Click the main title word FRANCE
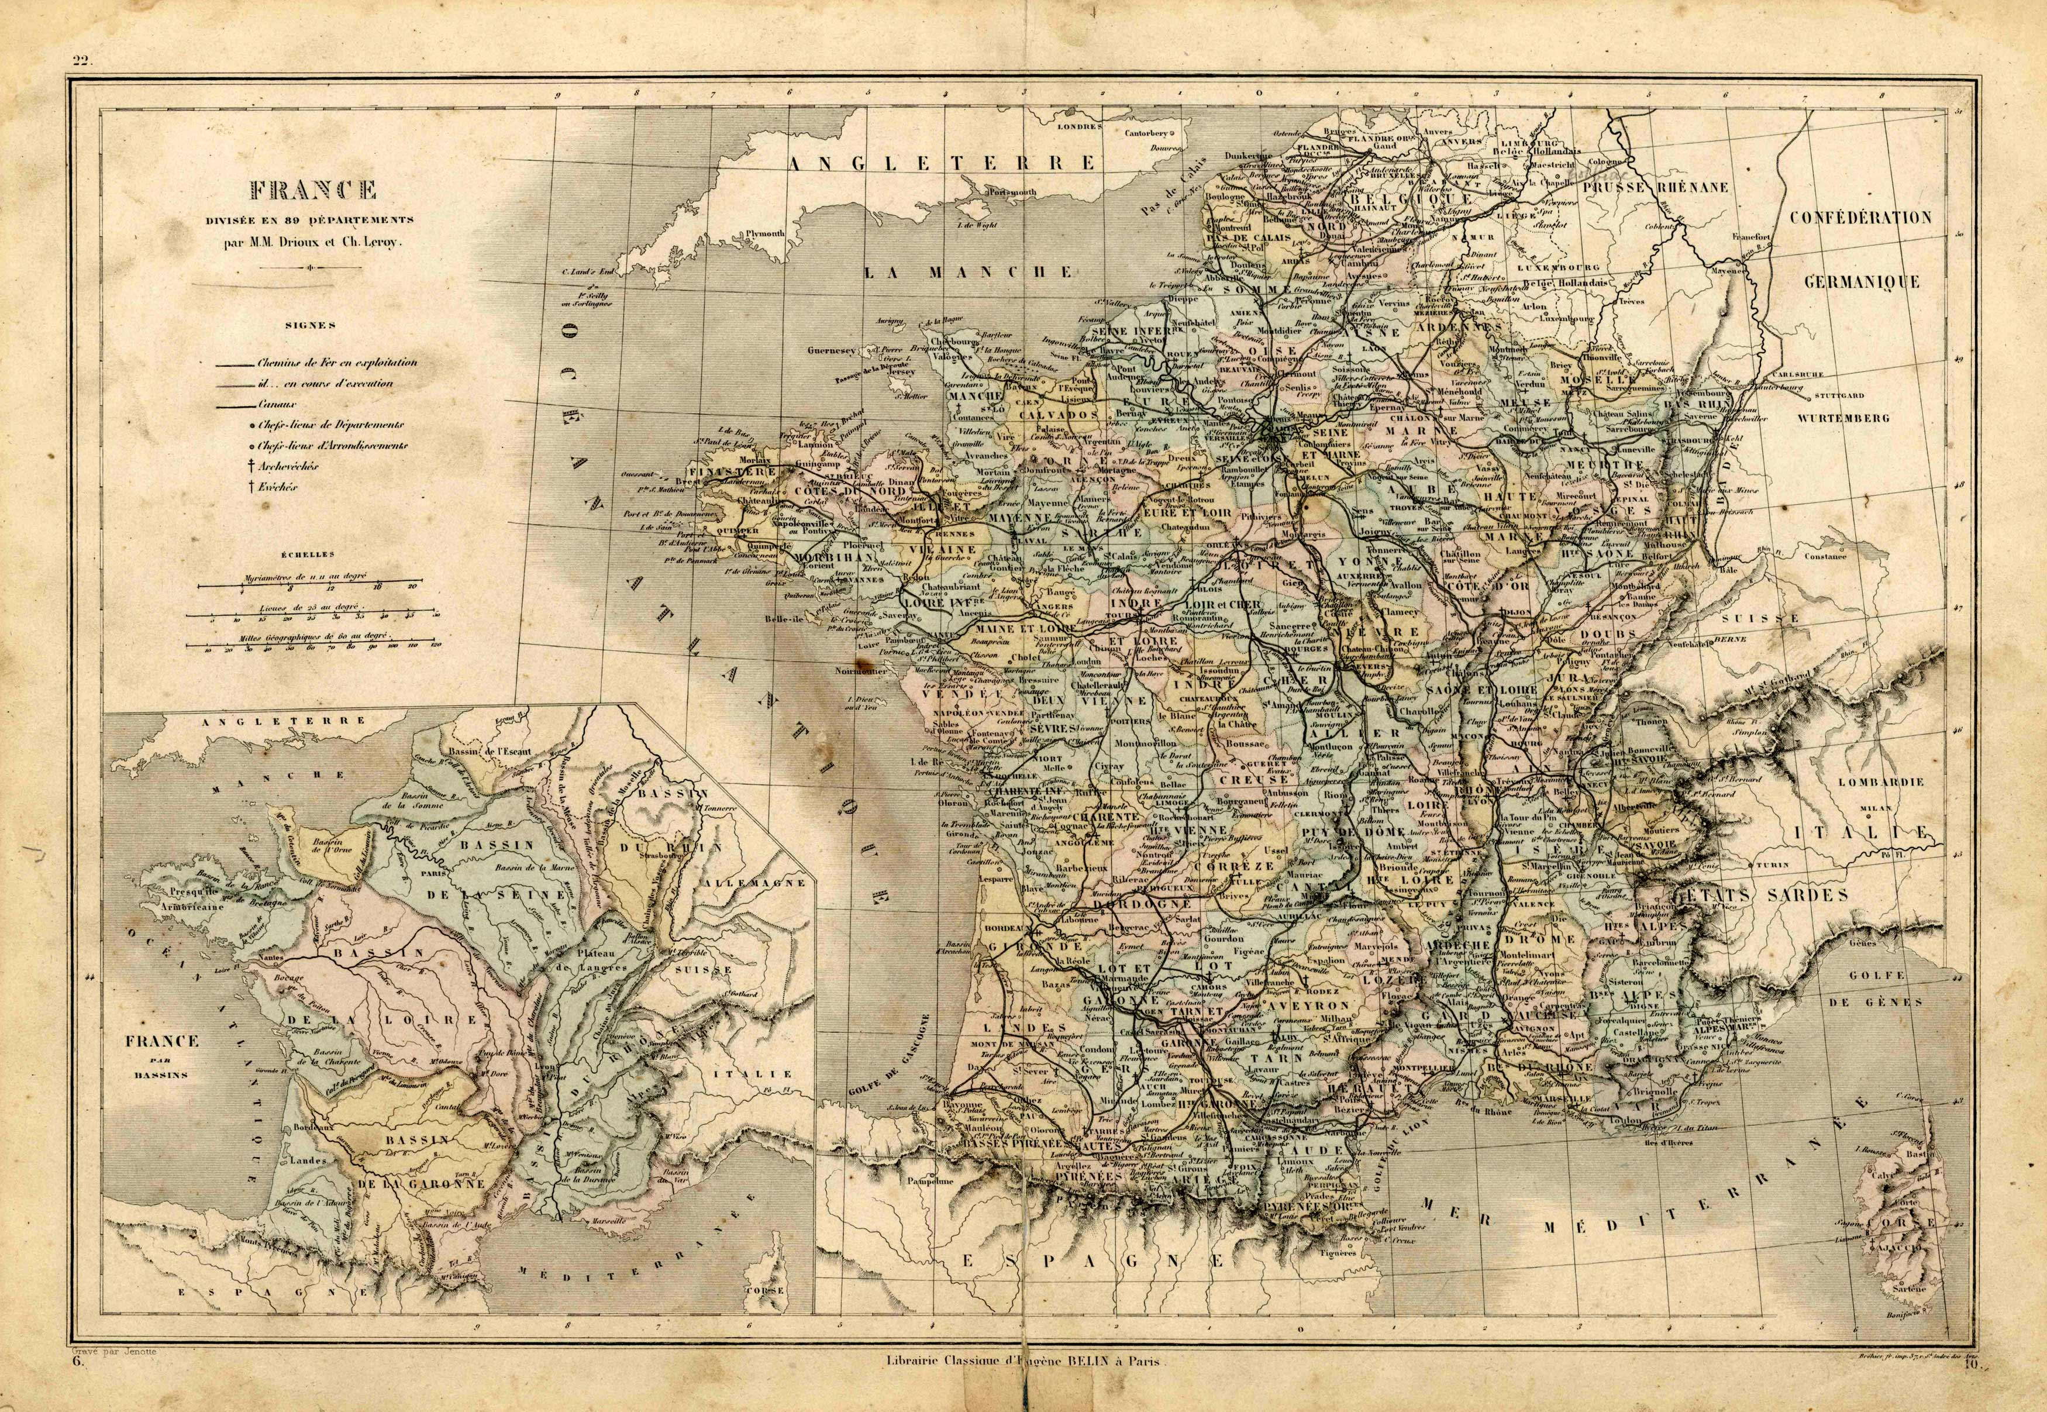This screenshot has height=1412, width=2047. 313,190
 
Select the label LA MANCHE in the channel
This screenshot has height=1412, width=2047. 968,273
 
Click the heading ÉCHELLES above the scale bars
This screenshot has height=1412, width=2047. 307,555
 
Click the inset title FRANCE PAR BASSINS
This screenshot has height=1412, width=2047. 162,1055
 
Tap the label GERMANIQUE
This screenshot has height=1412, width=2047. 1861,282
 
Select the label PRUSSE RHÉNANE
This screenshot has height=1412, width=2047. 1654,188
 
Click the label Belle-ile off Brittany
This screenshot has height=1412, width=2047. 785,620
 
